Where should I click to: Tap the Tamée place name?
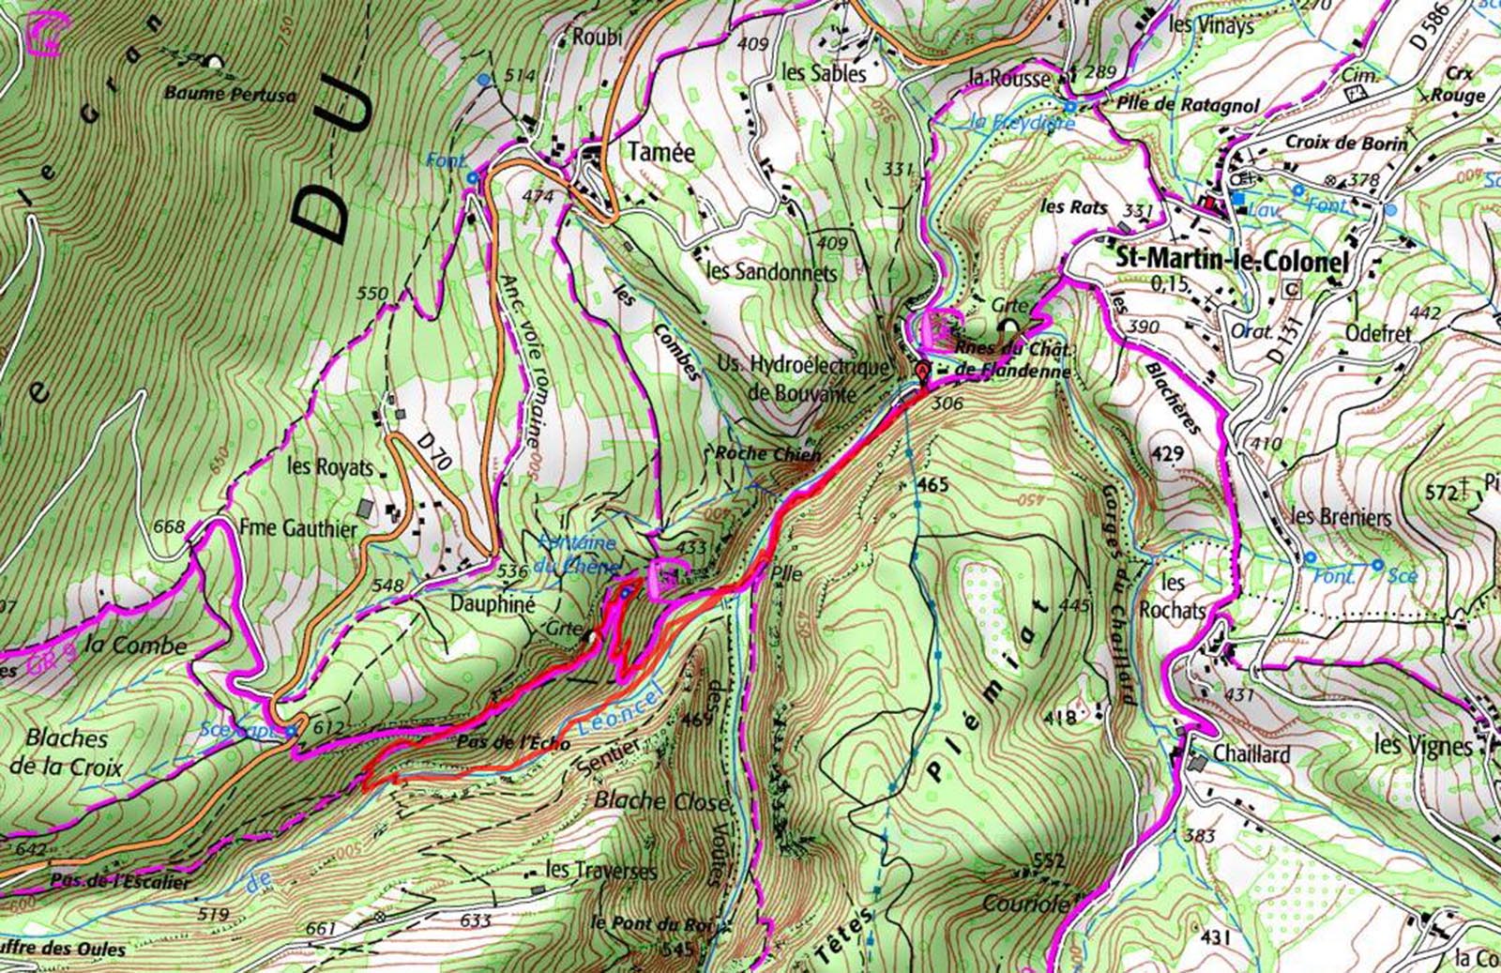661,152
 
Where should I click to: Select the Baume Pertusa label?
230,94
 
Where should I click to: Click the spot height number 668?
169,526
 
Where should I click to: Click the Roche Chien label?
767,453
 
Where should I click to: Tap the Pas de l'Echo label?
516,742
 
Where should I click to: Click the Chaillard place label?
1251,753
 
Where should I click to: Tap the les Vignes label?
1422,745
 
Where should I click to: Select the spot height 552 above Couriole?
1049,860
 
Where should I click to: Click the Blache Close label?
660,800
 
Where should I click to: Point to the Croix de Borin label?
1346,143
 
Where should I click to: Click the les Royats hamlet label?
330,465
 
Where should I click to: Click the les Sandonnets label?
771,272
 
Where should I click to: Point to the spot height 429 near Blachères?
1167,454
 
